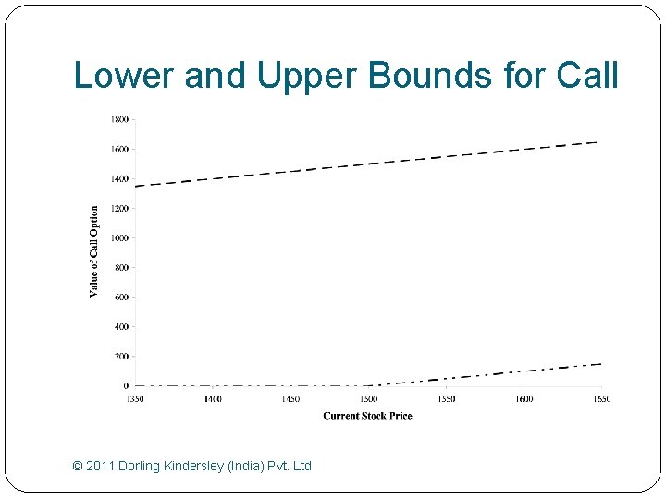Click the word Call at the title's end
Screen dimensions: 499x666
pyautogui.click(x=589, y=76)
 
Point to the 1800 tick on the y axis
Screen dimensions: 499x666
pyautogui.click(x=120, y=119)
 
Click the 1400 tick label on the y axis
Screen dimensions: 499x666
pyautogui.click(x=120, y=178)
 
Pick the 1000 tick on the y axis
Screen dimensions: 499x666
pyautogui.click(x=120, y=237)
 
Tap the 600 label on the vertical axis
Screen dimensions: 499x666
pyautogui.click(x=122, y=297)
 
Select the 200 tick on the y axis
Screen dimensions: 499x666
pyautogui.click(x=122, y=356)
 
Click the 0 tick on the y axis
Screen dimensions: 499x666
pyautogui.click(x=126, y=385)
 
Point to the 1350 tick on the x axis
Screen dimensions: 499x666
pyautogui.click(x=135, y=398)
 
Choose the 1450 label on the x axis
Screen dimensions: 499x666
pyautogui.click(x=290, y=398)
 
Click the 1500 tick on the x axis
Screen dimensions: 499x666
pyautogui.click(x=368, y=398)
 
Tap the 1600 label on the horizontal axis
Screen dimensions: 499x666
pyautogui.click(x=524, y=398)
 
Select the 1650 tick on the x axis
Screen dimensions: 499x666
pyautogui.click(x=601, y=398)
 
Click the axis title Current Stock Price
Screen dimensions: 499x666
pyautogui.click(x=367, y=416)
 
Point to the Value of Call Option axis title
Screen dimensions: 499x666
pyautogui.click(x=93, y=251)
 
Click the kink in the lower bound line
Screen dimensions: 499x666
pyautogui.click(x=369, y=385)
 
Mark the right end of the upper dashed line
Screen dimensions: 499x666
pyautogui.click(x=598, y=142)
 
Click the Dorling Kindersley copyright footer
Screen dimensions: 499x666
pyautogui.click(x=191, y=466)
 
